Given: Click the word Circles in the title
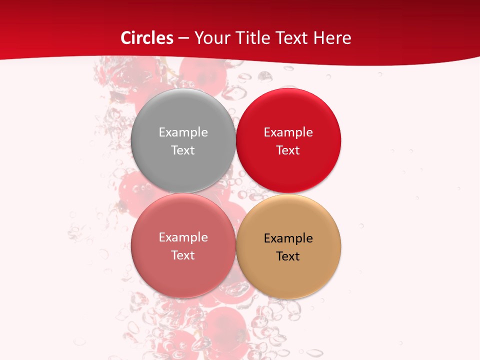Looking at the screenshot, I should [146, 38].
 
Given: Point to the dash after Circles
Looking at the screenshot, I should [183, 38].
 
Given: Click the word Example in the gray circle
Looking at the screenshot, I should [183, 132].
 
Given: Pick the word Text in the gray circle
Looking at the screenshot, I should [183, 150].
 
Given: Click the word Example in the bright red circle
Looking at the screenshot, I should [288, 132].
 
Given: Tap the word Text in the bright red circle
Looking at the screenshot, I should [288, 150].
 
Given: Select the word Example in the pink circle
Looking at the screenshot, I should [183, 237].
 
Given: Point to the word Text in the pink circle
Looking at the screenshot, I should [183, 255].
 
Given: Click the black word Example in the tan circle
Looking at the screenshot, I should [288, 238].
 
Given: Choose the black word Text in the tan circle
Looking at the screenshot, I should [288, 256].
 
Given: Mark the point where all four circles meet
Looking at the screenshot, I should [236, 193].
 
